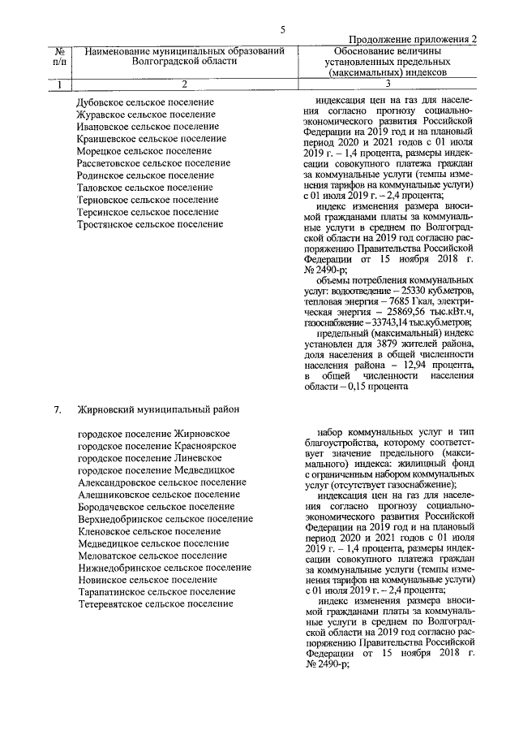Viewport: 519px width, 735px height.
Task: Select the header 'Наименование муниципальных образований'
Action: pyautogui.click(x=184, y=51)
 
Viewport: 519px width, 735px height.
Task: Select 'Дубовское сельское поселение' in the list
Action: pyautogui.click(x=145, y=102)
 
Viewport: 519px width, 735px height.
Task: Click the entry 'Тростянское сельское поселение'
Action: pyautogui.click(x=150, y=224)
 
